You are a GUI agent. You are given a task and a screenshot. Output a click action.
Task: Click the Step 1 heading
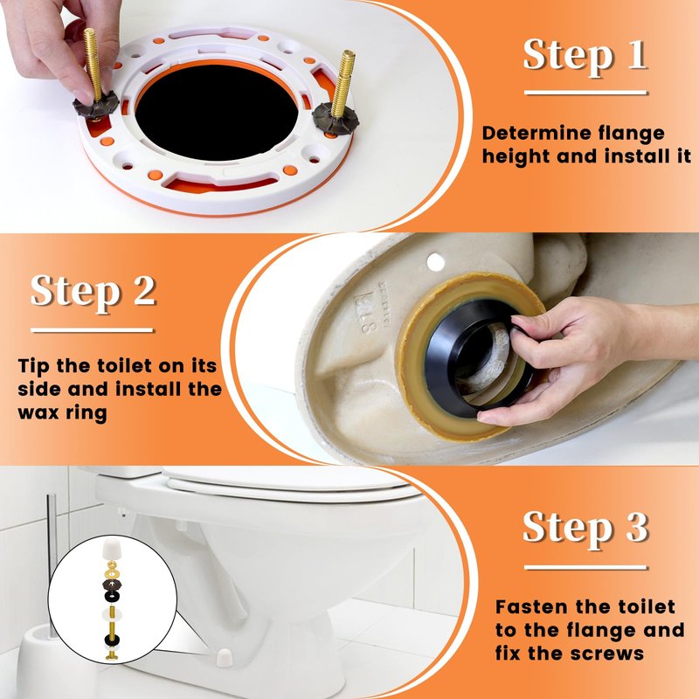click(x=585, y=54)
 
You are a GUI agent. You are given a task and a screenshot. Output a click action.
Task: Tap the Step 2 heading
click(x=93, y=291)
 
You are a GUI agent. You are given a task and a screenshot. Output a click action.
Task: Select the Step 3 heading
click(x=585, y=528)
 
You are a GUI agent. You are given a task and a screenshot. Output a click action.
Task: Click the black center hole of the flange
click(x=217, y=113)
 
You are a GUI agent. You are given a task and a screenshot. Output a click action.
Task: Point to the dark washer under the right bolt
click(x=335, y=118)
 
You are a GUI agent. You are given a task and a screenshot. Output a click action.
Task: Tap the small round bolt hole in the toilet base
click(x=435, y=262)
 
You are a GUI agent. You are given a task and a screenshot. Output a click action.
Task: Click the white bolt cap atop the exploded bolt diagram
click(x=112, y=550)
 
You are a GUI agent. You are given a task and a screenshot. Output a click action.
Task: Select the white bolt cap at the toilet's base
click(x=224, y=657)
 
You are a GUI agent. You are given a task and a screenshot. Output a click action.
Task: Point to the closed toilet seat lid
click(x=286, y=481)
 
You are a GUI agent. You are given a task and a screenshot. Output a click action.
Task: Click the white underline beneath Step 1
click(x=585, y=93)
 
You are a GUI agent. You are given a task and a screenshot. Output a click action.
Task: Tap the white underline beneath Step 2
click(x=93, y=330)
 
